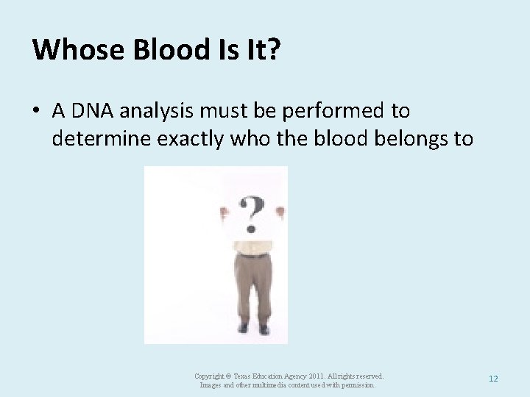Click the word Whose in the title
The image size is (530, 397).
[x=69, y=49]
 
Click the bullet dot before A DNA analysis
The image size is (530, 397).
[x=36, y=112]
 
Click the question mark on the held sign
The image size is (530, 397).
[x=252, y=213]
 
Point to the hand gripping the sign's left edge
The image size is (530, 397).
[x=225, y=211]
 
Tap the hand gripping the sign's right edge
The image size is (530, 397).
[x=280, y=212]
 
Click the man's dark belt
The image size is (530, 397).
[x=252, y=254]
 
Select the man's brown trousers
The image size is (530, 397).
[x=252, y=287]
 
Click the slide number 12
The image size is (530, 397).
[x=493, y=379]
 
